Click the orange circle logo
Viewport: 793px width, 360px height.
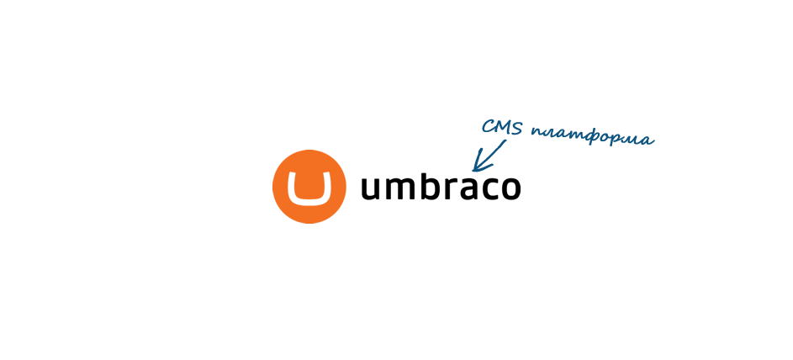point(309,187)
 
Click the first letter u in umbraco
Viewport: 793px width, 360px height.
point(371,188)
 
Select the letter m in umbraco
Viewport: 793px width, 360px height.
point(403,188)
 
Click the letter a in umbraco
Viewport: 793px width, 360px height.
point(474,188)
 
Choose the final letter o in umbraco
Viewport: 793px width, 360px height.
point(510,188)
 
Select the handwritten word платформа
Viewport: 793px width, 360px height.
point(593,136)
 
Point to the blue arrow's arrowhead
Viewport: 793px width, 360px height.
point(478,164)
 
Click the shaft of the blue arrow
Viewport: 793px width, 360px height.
point(490,154)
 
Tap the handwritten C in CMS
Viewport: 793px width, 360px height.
point(487,126)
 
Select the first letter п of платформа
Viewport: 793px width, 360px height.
point(537,131)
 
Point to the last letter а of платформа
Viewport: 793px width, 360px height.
point(648,140)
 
